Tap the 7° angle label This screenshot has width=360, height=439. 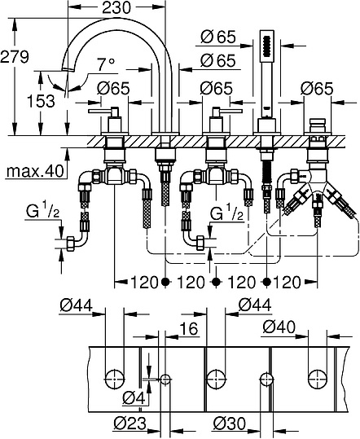(106, 63)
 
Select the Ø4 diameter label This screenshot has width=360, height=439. (134, 397)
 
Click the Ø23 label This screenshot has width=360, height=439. (131, 424)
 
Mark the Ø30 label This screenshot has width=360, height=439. (229, 424)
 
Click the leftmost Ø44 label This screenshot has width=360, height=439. (76, 305)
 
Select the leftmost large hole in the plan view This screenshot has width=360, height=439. (115, 376)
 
